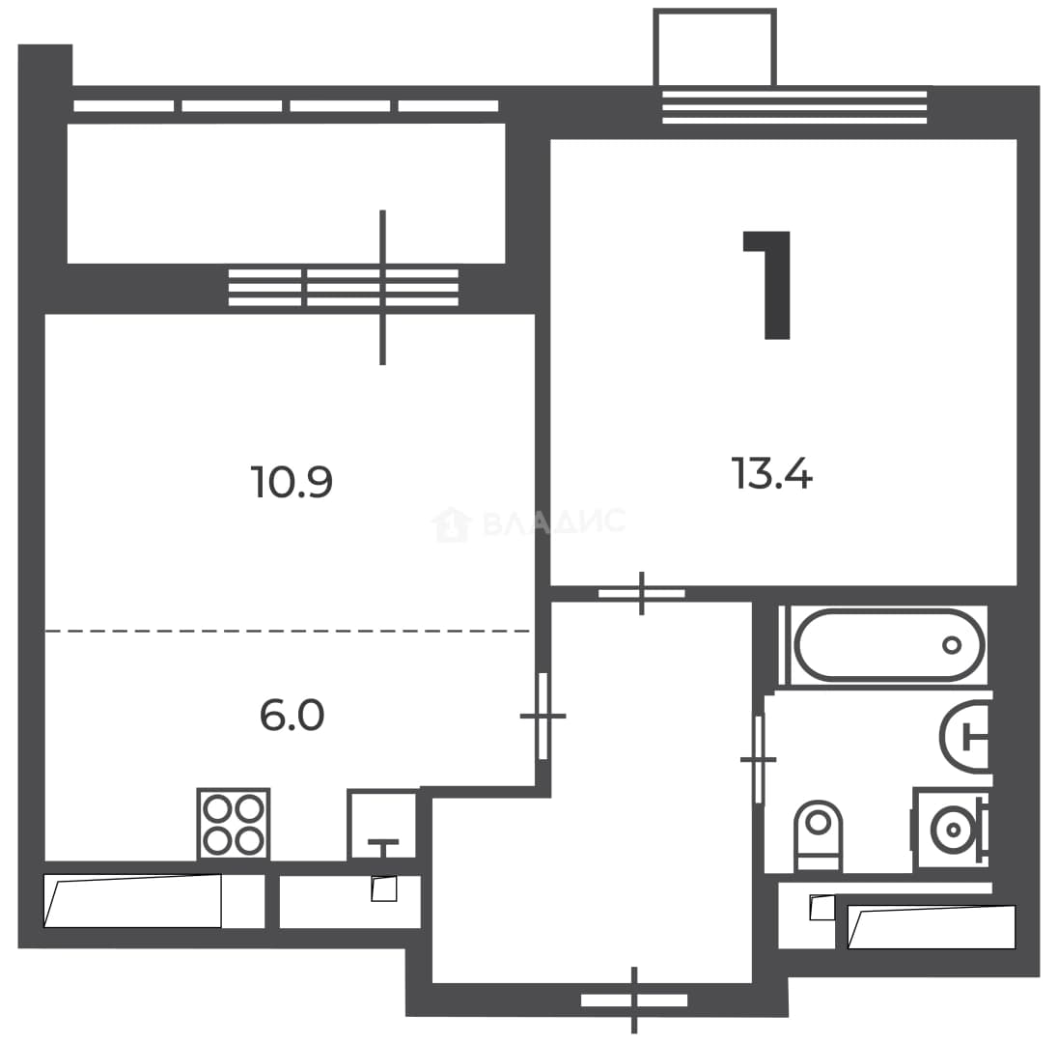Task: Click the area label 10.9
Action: coord(292,482)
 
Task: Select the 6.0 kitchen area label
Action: coord(292,716)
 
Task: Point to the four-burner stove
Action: coord(234,825)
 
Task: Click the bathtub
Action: coord(889,645)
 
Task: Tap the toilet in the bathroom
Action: coord(819,835)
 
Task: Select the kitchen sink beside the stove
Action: coord(382,825)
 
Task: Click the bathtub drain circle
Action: coord(952,645)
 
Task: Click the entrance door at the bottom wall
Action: coord(634,1000)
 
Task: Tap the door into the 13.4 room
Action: coord(642,593)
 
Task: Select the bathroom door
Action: coord(759,759)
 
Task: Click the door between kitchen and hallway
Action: coord(543,716)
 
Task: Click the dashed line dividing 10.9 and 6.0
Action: coord(288,632)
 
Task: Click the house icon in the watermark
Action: coord(452,524)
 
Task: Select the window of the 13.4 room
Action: coord(794,106)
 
